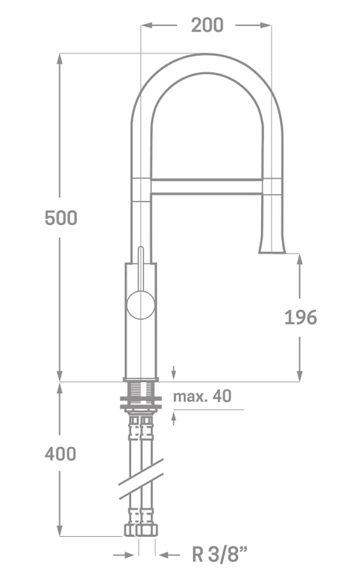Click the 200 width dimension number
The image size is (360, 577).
click(x=207, y=25)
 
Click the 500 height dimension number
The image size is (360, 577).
click(x=61, y=218)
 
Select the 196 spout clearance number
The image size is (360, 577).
click(x=300, y=317)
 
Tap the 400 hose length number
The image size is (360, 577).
click(x=61, y=453)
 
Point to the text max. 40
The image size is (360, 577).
click(x=202, y=396)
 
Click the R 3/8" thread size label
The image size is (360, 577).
click(x=220, y=554)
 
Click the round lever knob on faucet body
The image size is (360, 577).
click(x=141, y=305)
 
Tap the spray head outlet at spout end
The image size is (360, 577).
click(x=272, y=248)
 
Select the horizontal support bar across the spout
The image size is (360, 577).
click(x=207, y=186)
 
